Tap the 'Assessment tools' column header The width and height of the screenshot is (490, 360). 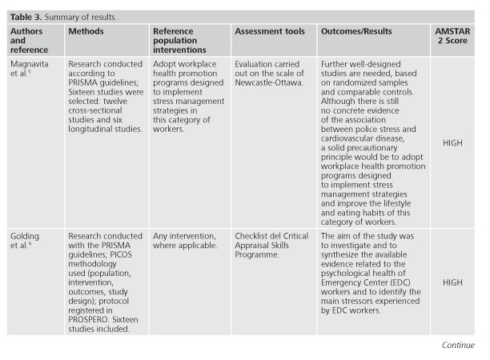click(x=269, y=32)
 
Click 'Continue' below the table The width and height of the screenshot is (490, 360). click(x=458, y=346)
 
